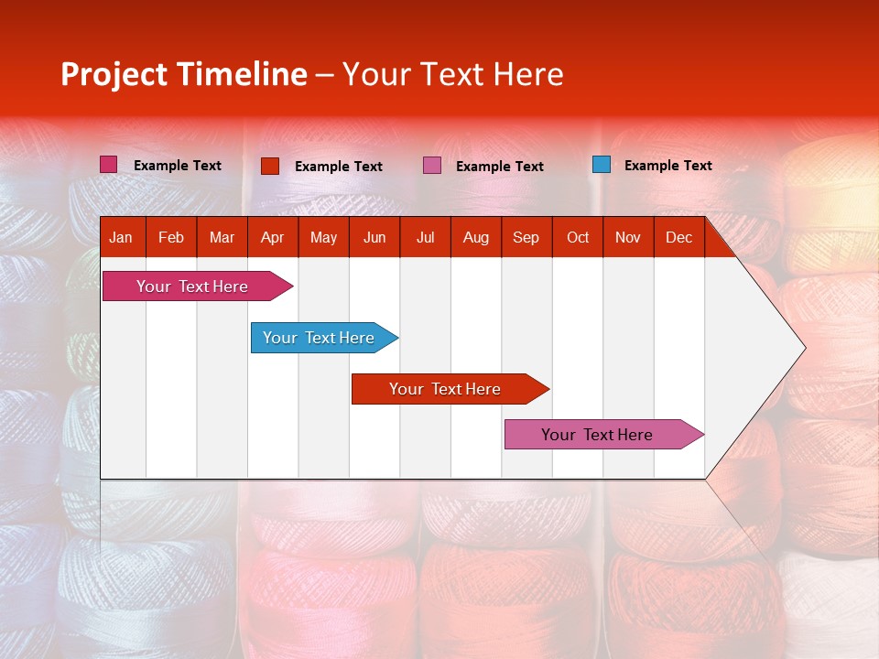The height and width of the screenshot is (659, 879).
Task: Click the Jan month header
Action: (x=121, y=238)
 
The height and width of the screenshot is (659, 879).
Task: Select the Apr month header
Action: (x=273, y=238)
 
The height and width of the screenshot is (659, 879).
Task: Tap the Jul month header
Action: (x=426, y=238)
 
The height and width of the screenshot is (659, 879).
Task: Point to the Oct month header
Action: (x=578, y=238)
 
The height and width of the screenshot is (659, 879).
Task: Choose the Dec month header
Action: (x=678, y=238)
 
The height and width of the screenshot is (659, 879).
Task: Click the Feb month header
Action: (x=171, y=238)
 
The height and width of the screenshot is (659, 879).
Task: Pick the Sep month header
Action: (x=526, y=238)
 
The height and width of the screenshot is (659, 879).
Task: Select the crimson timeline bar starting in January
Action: (x=198, y=286)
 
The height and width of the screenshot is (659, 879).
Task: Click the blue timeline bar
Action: (x=324, y=338)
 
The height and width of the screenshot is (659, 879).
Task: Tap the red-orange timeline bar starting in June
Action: (x=450, y=389)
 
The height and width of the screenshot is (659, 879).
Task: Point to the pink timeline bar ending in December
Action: (x=604, y=434)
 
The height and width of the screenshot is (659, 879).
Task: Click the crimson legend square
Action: (x=108, y=164)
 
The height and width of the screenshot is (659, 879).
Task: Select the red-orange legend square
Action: (x=270, y=166)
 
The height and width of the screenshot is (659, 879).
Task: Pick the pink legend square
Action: (x=431, y=166)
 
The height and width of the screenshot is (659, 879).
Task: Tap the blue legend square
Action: (x=602, y=164)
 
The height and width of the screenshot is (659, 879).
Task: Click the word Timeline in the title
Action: (x=243, y=74)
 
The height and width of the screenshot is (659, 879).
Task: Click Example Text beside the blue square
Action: (x=668, y=166)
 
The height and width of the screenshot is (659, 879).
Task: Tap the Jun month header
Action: (x=374, y=238)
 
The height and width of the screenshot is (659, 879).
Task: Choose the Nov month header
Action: (x=628, y=238)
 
